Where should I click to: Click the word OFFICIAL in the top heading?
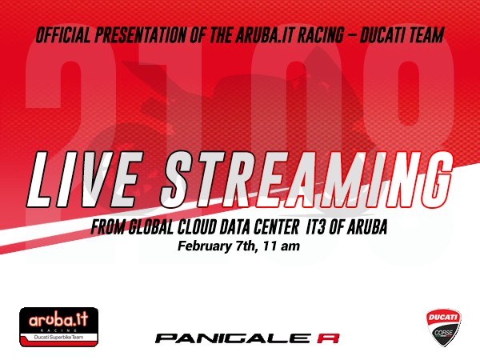pyautogui.click(x=63, y=34)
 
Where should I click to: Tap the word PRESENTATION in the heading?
pyautogui.click(x=141, y=34)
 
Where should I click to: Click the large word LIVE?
pyautogui.click(x=84, y=179)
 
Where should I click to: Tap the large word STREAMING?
pyautogui.click(x=306, y=179)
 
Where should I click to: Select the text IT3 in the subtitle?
pyautogui.click(x=316, y=227)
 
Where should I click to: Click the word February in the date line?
pyautogui.click(x=205, y=246)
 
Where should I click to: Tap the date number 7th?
pyautogui.click(x=246, y=246)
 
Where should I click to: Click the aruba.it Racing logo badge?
pyautogui.click(x=58, y=327)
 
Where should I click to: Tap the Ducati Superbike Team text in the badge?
pyautogui.click(x=58, y=337)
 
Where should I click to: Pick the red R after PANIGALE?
pyautogui.click(x=328, y=338)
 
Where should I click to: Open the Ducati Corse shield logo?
pyautogui.click(x=444, y=327)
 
